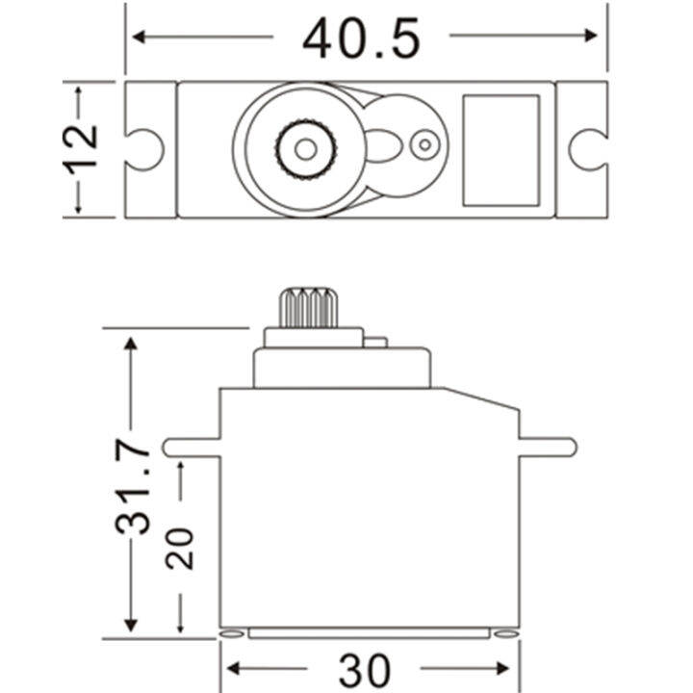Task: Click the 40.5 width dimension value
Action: click(361, 38)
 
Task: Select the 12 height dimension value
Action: click(85, 147)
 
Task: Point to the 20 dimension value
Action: click(180, 547)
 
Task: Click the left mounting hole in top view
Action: click(145, 148)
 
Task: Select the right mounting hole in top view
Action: click(586, 148)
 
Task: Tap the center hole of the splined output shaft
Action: click(305, 148)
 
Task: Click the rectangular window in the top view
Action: click(500, 149)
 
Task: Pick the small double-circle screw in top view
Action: click(423, 146)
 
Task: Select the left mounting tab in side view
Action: click(192, 447)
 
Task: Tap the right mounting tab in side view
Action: click(548, 447)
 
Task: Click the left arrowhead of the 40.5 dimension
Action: click(139, 37)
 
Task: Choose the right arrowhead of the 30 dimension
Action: click(506, 668)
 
